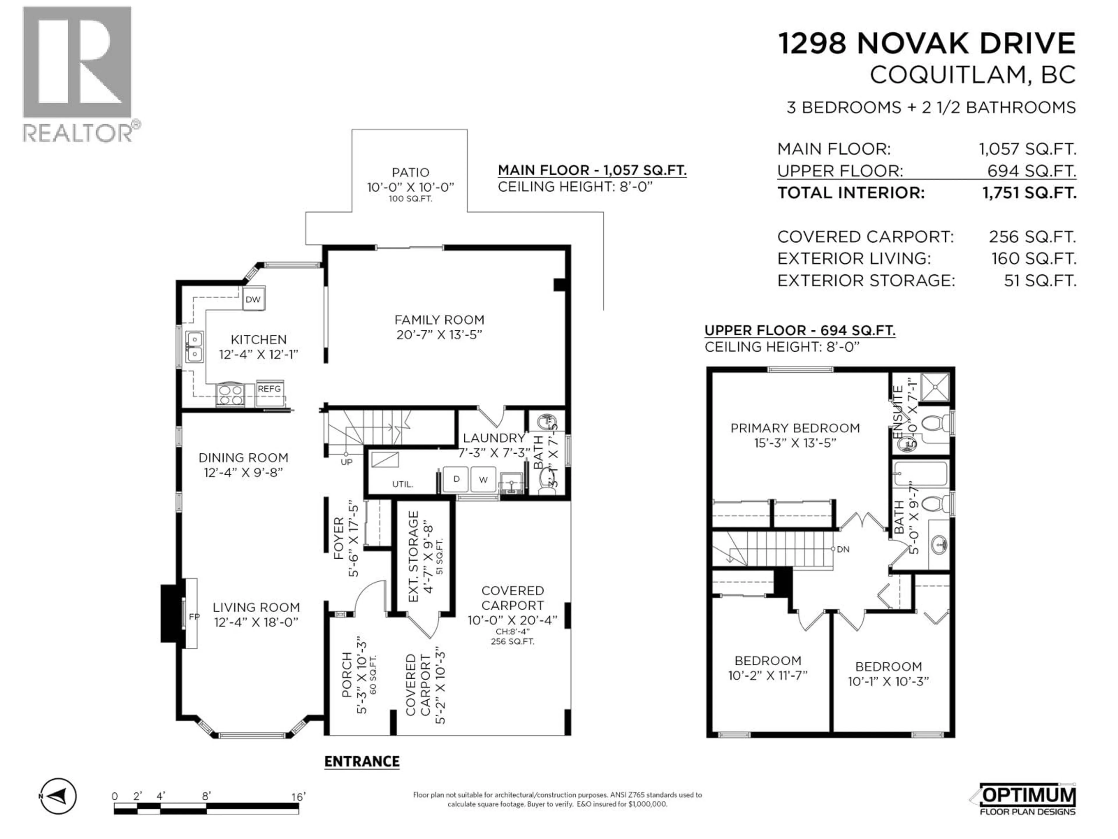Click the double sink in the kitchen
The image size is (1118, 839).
click(194, 347)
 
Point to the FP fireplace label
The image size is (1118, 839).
click(194, 616)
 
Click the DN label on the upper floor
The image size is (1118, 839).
click(843, 549)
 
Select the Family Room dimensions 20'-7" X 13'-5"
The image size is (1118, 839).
click(439, 335)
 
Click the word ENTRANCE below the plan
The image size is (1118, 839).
click(362, 762)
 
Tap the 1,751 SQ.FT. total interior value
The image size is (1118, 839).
click(1029, 193)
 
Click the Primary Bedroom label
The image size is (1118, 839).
click(795, 428)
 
